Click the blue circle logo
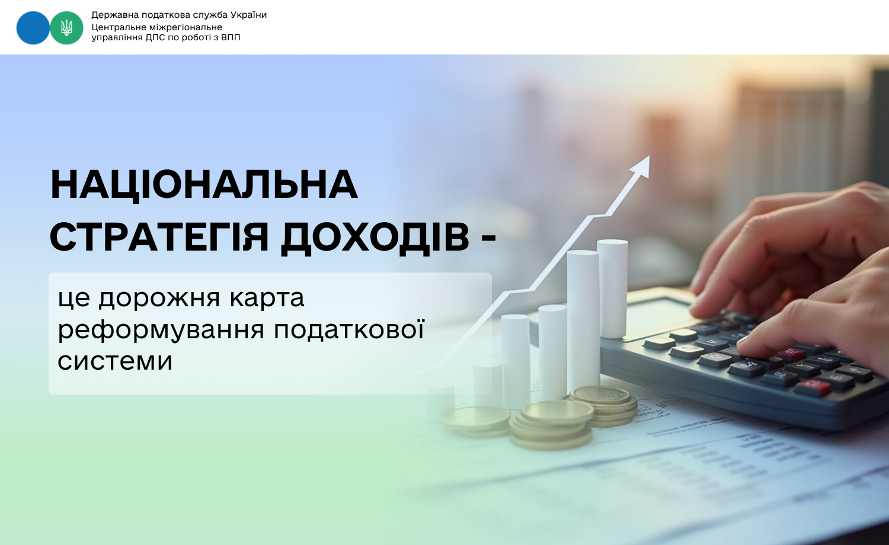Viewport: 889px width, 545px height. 33,28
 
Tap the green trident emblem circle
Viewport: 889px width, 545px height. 66,28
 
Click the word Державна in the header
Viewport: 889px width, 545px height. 115,15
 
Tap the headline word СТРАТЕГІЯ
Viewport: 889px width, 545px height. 159,237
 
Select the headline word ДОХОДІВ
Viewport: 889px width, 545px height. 375,238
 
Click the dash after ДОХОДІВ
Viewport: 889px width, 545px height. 488,238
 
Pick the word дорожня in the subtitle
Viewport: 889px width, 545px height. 159,299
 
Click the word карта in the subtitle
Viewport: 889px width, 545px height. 267,299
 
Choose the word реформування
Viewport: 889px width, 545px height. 161,330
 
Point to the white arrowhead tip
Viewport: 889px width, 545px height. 650,155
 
